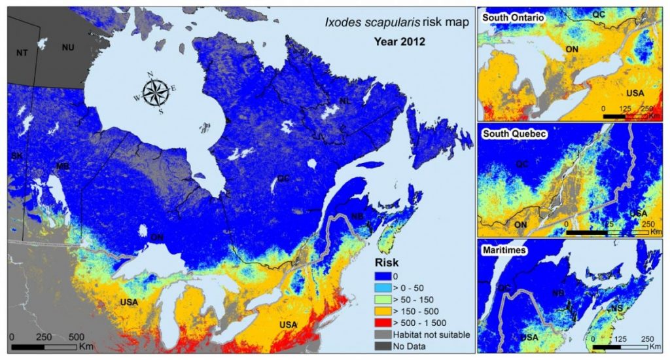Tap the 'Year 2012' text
[399, 42]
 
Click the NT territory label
[22, 52]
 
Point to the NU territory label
[68, 46]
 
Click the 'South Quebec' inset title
[510, 133]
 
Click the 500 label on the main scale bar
[76, 336]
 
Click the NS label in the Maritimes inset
[617, 308]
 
